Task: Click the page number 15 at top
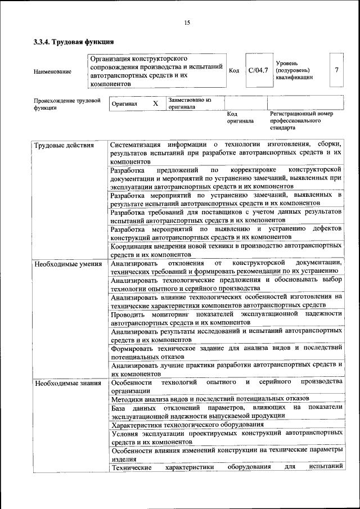point(187,22)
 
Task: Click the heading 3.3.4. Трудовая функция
point(74,42)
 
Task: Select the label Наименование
point(52,71)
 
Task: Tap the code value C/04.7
point(259,70)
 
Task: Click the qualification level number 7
point(336,70)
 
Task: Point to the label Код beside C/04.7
point(235,71)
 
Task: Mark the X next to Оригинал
point(155,103)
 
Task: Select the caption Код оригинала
point(240,117)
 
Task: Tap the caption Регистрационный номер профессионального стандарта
point(301,120)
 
